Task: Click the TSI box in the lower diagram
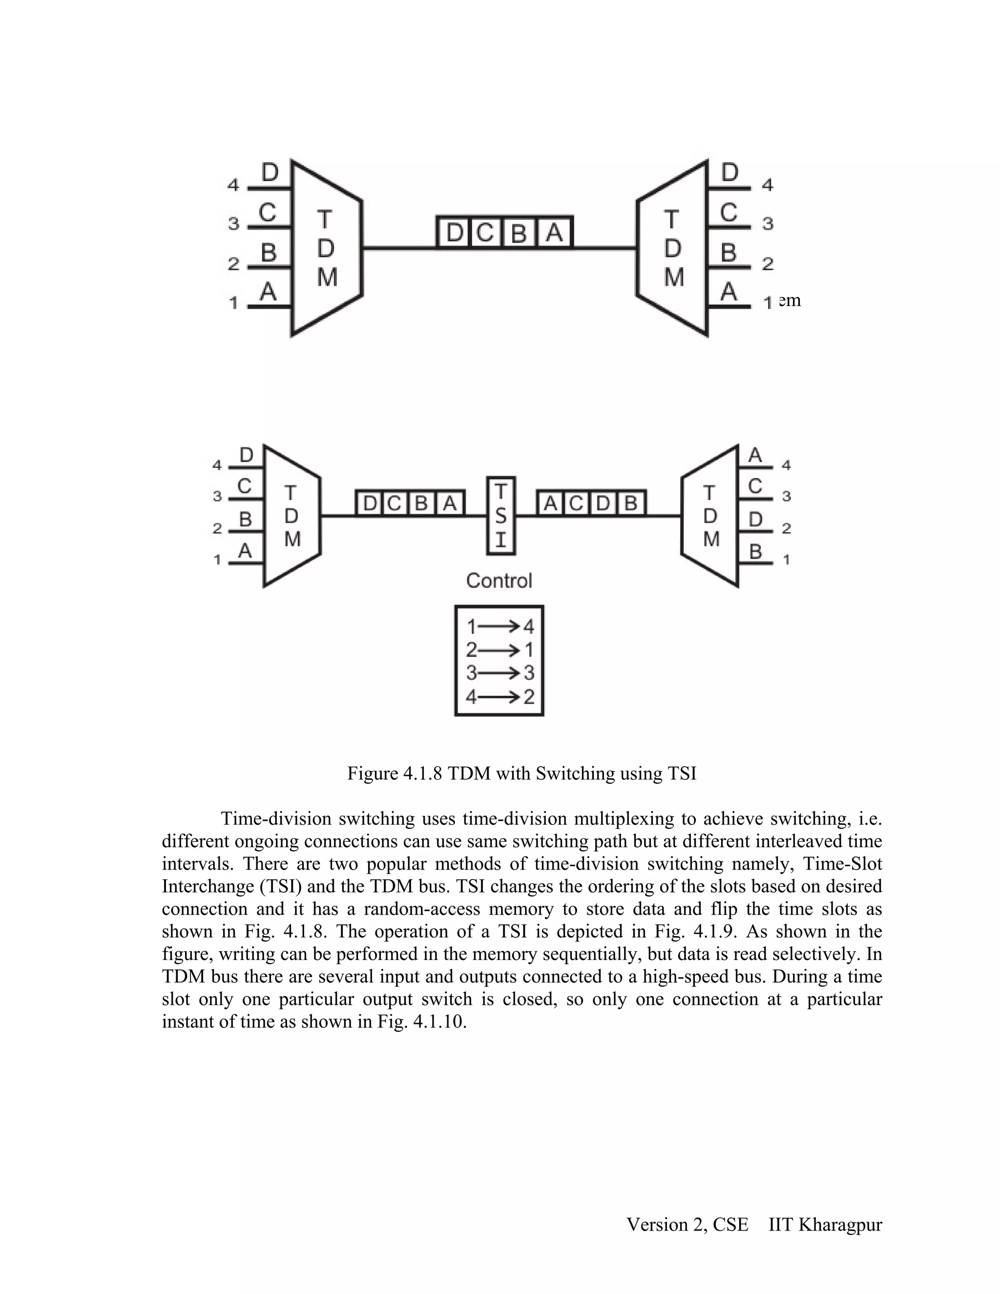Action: click(x=500, y=516)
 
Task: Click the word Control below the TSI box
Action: click(x=499, y=581)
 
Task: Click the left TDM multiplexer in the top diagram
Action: click(x=326, y=248)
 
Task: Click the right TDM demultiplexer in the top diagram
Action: click(x=673, y=248)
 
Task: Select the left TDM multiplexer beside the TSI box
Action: click(x=292, y=516)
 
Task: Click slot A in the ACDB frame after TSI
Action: click(x=550, y=503)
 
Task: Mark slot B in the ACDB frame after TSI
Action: click(x=631, y=503)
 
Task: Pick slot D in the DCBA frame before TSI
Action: click(x=370, y=503)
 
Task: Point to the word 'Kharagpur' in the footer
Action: click(x=840, y=1225)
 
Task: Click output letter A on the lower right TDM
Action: click(x=755, y=455)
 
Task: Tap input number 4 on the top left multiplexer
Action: click(x=233, y=186)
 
